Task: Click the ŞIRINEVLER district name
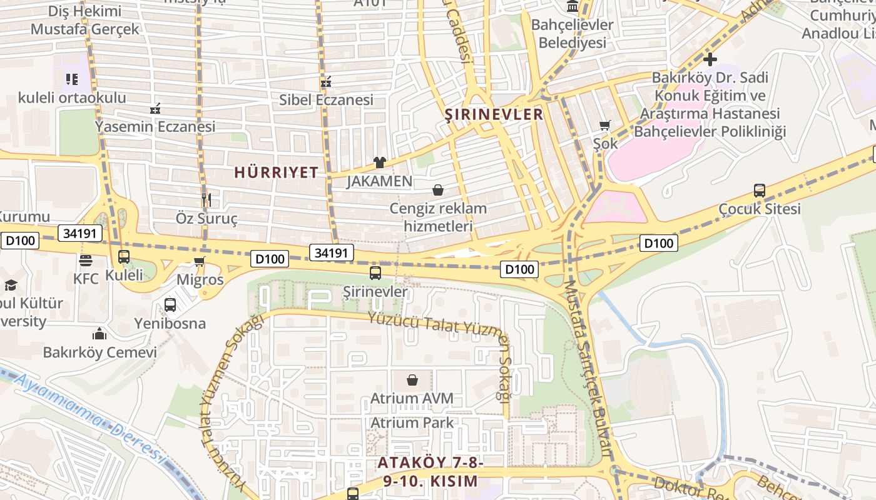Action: (x=494, y=114)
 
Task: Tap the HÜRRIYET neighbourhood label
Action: (x=277, y=172)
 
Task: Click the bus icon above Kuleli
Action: (x=124, y=257)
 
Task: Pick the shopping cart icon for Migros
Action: (x=200, y=261)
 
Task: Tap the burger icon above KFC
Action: (x=86, y=261)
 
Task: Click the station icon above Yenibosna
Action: (x=170, y=305)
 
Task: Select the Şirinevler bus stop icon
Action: (x=375, y=273)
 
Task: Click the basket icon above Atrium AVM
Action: (x=412, y=380)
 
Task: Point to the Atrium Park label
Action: (x=412, y=422)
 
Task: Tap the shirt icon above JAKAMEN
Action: (x=379, y=162)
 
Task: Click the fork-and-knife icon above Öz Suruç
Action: (x=206, y=199)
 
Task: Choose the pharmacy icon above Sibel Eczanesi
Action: (x=325, y=81)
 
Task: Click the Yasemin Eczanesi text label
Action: (x=155, y=126)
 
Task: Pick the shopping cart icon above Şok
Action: (x=604, y=126)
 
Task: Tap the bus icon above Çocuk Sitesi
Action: (x=759, y=191)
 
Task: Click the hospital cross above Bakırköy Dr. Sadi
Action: (x=710, y=60)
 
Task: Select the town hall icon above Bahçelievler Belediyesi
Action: (x=572, y=7)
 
